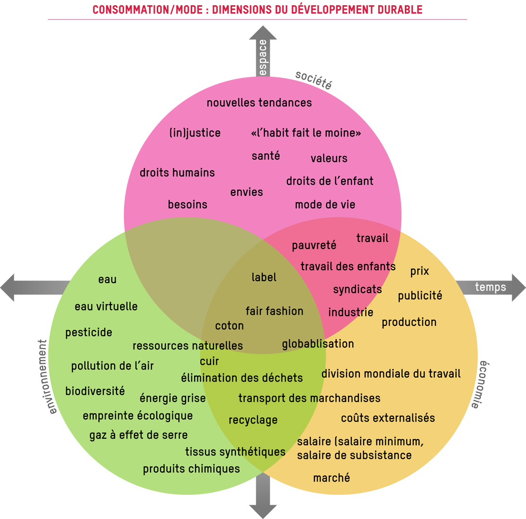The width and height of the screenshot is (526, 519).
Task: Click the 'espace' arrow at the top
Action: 263,52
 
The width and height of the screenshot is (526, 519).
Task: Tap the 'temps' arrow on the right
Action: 491,287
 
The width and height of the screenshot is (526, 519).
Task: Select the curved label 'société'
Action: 313,79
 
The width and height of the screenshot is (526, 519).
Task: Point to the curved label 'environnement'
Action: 44,376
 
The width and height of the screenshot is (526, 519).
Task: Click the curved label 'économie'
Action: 481,384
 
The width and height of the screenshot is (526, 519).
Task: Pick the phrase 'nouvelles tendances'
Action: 259,103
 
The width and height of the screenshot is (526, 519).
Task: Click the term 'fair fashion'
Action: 274,311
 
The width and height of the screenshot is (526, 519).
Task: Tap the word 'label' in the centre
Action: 264,277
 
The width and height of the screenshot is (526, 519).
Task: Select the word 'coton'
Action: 229,325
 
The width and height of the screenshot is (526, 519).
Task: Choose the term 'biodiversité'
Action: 95,391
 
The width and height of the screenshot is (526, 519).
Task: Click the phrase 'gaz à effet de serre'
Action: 138,435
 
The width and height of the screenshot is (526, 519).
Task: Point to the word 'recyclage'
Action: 253,420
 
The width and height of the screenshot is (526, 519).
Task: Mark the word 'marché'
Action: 331,478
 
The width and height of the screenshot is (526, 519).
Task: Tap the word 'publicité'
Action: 419,296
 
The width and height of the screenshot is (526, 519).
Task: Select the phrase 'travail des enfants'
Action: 348,266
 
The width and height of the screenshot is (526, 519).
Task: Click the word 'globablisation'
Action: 318,344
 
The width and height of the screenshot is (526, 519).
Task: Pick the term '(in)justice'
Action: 195,133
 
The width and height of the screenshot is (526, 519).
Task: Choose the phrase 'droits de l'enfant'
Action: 330,181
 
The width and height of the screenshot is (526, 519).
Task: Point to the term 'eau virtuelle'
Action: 106,307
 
